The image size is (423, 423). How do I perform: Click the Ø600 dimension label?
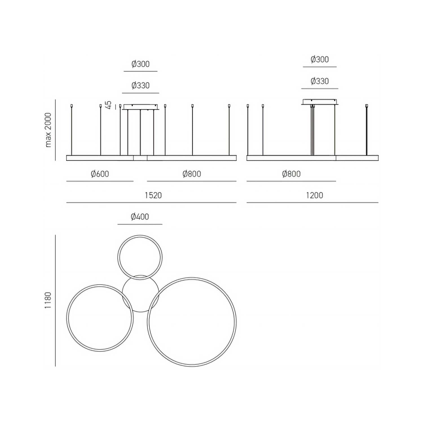click(x=100, y=174)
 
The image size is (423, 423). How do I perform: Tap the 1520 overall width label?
click(x=153, y=195)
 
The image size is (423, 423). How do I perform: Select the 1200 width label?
click(x=314, y=195)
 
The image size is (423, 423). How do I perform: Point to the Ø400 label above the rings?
click(x=140, y=217)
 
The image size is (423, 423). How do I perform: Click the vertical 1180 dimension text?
click(x=48, y=300)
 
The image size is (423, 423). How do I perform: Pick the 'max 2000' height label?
click(x=48, y=130)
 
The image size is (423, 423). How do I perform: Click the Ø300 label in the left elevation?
click(x=140, y=64)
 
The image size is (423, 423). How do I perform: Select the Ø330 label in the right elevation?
click(x=320, y=81)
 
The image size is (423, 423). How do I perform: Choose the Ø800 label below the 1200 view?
click(x=291, y=174)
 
